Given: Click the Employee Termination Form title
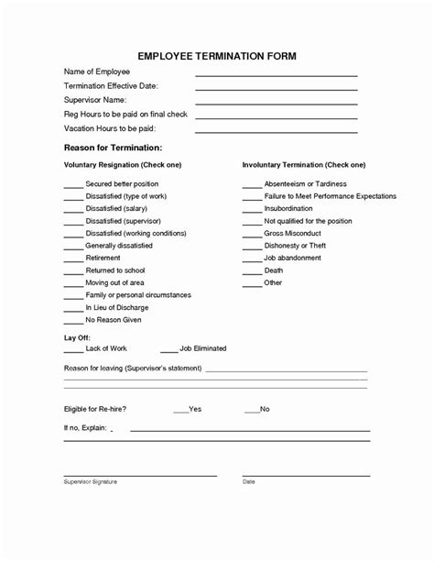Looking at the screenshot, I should (217, 56).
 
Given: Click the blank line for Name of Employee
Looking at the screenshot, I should (276, 74).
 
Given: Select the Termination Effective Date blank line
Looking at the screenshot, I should (276, 89).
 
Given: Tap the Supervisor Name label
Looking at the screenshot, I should (95, 99).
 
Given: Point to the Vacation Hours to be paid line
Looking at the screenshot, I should (276, 132).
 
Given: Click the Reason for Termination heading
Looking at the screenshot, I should (113, 148).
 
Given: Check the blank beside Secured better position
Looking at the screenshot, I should (72, 185).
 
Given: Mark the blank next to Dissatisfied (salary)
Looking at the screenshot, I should (72, 210).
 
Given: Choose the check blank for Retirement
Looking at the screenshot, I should (72, 259).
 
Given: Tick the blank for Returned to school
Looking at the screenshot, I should (72, 272).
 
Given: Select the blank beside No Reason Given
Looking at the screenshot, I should (72, 321).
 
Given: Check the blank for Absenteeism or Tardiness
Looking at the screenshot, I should (251, 185).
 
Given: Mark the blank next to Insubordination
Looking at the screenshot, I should (251, 210).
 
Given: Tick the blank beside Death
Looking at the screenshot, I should (251, 271).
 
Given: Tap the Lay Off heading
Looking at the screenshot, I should (77, 338).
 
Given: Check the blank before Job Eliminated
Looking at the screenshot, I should (168, 350).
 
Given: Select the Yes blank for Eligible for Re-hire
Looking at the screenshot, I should (179, 410).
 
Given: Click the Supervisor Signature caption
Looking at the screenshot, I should (90, 481).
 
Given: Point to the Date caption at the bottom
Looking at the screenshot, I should (248, 481).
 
